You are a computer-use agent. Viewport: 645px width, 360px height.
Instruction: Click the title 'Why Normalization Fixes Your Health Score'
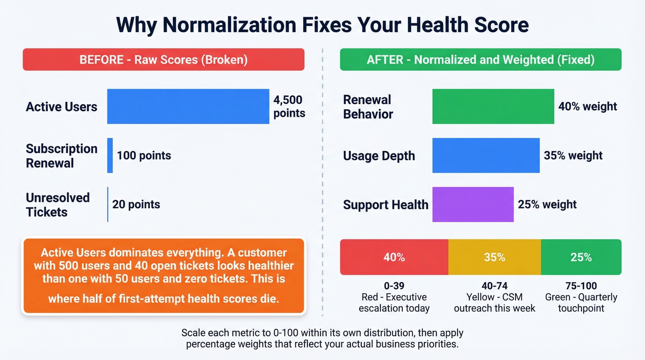(322, 24)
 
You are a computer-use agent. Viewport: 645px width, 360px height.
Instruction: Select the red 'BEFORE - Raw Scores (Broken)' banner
(164, 59)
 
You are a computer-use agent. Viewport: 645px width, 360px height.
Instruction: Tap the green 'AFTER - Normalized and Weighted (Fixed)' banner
(481, 59)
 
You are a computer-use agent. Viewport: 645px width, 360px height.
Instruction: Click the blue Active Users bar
(188, 106)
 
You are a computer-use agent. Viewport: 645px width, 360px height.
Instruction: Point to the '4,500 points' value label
(289, 106)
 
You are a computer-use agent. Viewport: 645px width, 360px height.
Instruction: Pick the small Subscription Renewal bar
(110, 155)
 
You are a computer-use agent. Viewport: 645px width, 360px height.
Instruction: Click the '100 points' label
(144, 155)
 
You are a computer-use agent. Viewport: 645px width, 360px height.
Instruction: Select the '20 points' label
(136, 204)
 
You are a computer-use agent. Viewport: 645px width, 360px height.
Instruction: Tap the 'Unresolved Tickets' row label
(58, 205)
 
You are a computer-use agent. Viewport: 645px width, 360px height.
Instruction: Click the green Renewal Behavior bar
(493, 106)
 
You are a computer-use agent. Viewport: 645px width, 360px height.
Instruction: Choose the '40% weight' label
(587, 106)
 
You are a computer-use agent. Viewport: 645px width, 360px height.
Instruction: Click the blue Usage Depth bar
(486, 155)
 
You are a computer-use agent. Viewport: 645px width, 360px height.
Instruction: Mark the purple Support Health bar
(473, 204)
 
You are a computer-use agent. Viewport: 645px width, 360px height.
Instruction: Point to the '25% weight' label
(547, 204)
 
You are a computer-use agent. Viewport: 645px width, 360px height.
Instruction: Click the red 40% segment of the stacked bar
(394, 257)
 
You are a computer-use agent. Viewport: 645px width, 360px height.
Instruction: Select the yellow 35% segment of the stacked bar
(494, 257)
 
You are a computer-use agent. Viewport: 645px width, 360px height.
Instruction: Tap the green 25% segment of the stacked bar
(581, 257)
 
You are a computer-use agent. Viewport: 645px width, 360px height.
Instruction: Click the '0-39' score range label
(394, 286)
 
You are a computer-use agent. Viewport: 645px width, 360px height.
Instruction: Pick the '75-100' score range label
(581, 286)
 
